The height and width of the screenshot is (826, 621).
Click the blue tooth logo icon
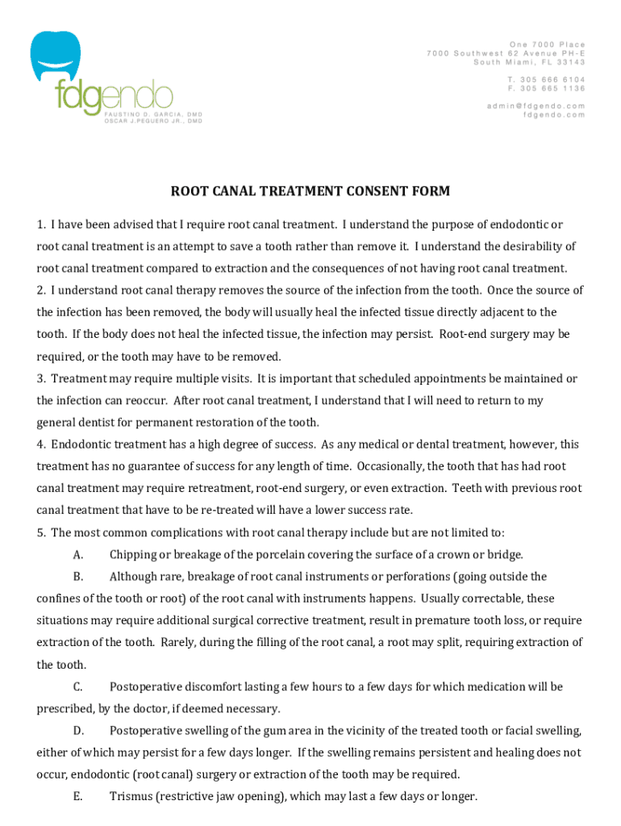[56, 54]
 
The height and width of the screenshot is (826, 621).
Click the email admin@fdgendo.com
[536, 106]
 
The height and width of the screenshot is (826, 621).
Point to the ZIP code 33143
[572, 62]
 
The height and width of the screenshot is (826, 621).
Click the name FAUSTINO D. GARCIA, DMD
[152, 115]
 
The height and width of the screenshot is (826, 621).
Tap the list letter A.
[77, 555]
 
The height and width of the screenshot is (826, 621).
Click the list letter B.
[77, 577]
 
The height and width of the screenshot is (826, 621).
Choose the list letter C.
[77, 687]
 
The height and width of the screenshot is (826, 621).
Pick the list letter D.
[77, 731]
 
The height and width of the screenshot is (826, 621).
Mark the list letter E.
[77, 797]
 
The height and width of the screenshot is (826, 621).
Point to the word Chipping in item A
[133, 555]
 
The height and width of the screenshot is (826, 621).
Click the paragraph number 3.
[40, 378]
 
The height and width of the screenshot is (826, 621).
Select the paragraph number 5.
[40, 532]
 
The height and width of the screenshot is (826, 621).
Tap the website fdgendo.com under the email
[554, 115]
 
